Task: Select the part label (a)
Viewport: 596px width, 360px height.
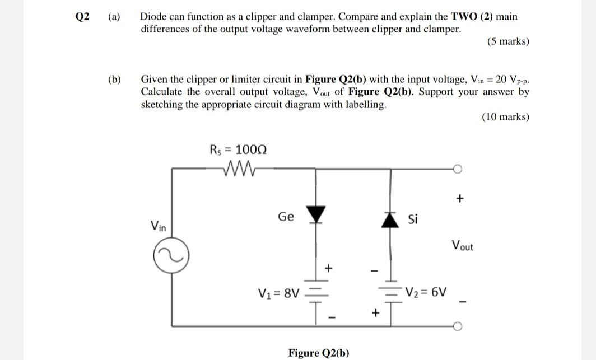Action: click(x=114, y=17)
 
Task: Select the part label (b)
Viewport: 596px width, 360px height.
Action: click(x=114, y=80)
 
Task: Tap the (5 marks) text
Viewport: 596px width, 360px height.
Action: click(x=508, y=41)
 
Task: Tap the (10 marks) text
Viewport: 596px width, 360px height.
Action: click(x=505, y=117)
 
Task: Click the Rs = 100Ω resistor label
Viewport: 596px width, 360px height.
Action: click(x=238, y=149)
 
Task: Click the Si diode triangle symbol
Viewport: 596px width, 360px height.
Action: click(x=390, y=220)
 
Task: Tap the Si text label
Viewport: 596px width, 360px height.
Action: click(x=413, y=219)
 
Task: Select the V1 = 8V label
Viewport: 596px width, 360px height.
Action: click(x=279, y=292)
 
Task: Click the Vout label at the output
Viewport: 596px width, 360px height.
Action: click(x=462, y=245)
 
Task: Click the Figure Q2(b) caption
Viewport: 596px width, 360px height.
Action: click(x=318, y=353)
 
